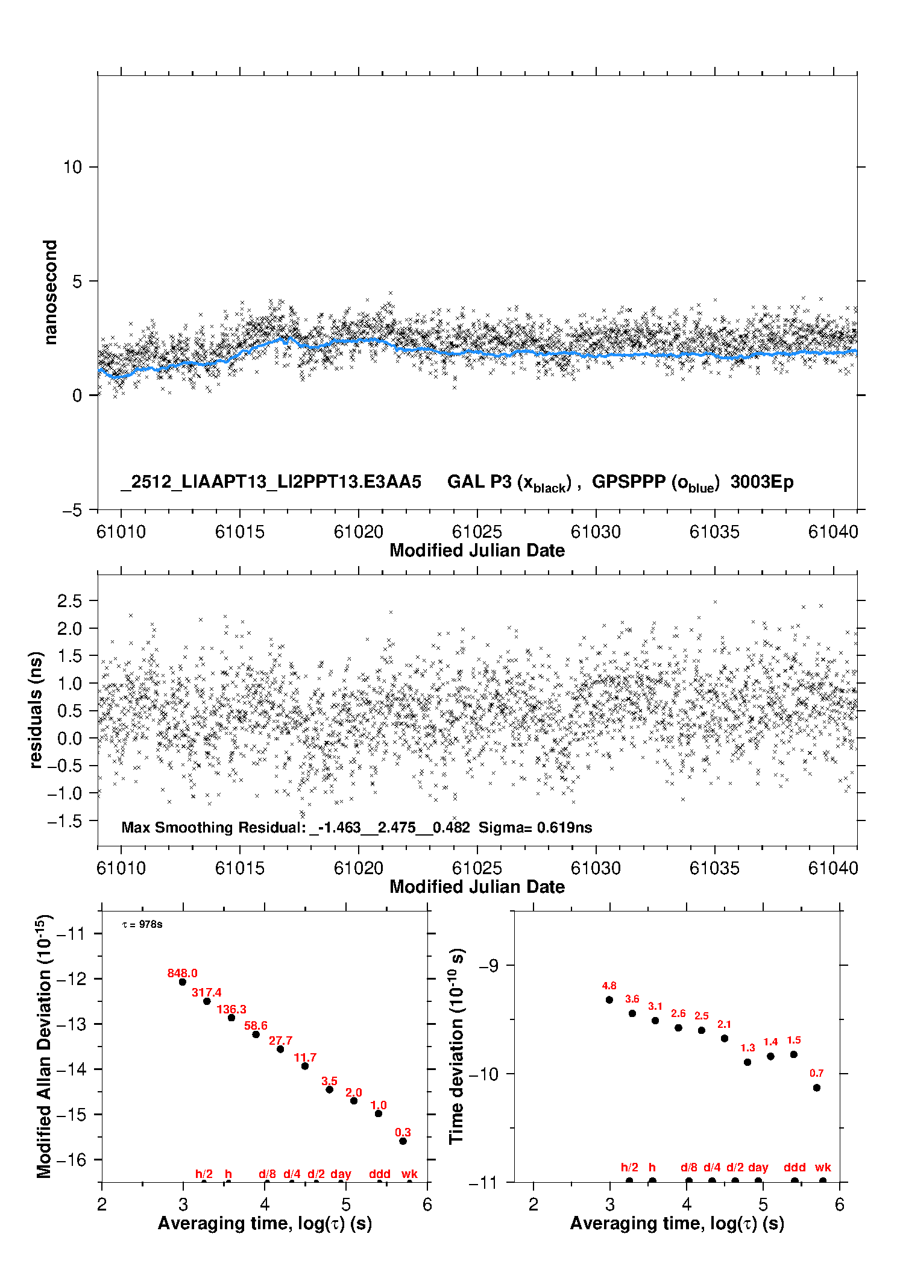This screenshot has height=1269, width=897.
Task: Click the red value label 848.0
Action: coord(182,973)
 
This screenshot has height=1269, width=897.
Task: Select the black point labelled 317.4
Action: coord(207,1001)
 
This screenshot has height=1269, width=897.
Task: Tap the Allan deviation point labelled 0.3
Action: coord(403,1141)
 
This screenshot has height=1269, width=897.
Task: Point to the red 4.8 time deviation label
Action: coord(609,986)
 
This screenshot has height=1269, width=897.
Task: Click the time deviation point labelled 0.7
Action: coord(817,1088)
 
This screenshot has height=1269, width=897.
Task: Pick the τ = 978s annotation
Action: coord(142,924)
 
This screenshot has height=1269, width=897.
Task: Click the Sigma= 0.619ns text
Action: coord(535,827)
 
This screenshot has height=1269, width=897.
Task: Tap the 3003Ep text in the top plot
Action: coord(762,482)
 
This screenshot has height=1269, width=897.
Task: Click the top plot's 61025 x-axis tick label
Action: coord(477,532)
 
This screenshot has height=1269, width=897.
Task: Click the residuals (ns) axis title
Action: coord(36,710)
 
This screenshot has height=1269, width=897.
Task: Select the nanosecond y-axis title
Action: coord(50,292)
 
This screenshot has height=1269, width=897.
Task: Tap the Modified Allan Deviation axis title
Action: coord(44,1046)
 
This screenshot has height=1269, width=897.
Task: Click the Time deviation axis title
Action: coord(456,1046)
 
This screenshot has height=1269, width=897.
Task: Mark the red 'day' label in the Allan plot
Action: coord(341,1174)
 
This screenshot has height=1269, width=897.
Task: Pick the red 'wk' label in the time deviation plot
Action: coord(823,1167)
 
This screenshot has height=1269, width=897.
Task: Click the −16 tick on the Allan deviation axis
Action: coord(71,1159)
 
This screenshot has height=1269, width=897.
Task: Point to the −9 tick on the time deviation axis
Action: coord(488,965)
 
